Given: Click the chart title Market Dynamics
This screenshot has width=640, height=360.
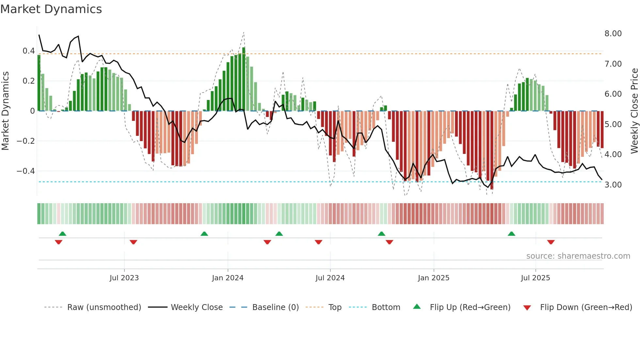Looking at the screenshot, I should (51, 9).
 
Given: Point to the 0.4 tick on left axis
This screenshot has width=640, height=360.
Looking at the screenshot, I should (28, 51).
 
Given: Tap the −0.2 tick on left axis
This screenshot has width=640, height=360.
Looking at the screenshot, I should (25, 141).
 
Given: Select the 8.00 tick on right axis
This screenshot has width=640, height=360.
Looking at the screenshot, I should (613, 34).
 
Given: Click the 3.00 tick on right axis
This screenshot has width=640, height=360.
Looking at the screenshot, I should (613, 185).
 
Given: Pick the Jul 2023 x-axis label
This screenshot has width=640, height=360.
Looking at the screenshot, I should (124, 278).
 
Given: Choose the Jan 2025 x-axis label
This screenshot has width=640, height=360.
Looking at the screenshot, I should (433, 278).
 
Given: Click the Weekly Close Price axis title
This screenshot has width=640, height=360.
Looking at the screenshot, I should (634, 111).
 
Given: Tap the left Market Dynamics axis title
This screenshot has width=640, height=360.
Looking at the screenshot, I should (5, 111).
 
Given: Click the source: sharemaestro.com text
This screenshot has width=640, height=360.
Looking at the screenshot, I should (578, 256).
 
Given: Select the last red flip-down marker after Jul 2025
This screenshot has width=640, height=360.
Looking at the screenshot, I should (551, 242).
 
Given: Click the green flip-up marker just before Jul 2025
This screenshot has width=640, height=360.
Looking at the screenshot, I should (511, 234).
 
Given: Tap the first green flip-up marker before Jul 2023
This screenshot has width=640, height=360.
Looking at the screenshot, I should (62, 234).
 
